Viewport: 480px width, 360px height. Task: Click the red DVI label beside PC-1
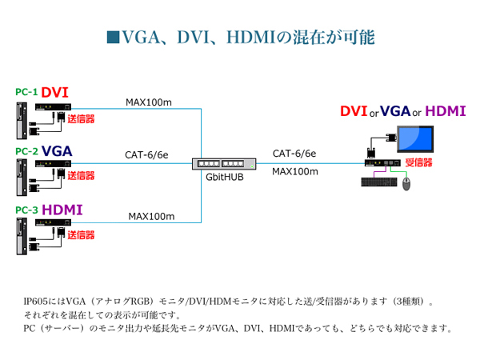pyautogui.click(x=55, y=94)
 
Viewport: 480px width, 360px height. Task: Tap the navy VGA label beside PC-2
pyautogui.click(x=58, y=151)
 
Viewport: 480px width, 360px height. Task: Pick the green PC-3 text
pyautogui.click(x=26, y=210)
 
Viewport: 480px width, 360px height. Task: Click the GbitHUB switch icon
pyautogui.click(x=225, y=164)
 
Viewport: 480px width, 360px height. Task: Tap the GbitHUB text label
pyautogui.click(x=225, y=178)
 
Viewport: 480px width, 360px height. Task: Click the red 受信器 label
pyautogui.click(x=419, y=162)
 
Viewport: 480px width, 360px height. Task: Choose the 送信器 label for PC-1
pyautogui.click(x=80, y=119)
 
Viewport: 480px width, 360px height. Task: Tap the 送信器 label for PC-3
pyautogui.click(x=80, y=235)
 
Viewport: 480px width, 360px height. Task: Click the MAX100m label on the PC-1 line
pyautogui.click(x=149, y=102)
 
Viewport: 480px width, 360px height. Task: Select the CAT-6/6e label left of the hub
pyautogui.click(x=146, y=155)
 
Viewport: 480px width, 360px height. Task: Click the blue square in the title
pyautogui.click(x=113, y=37)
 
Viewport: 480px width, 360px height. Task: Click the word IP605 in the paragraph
pyautogui.click(x=37, y=302)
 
